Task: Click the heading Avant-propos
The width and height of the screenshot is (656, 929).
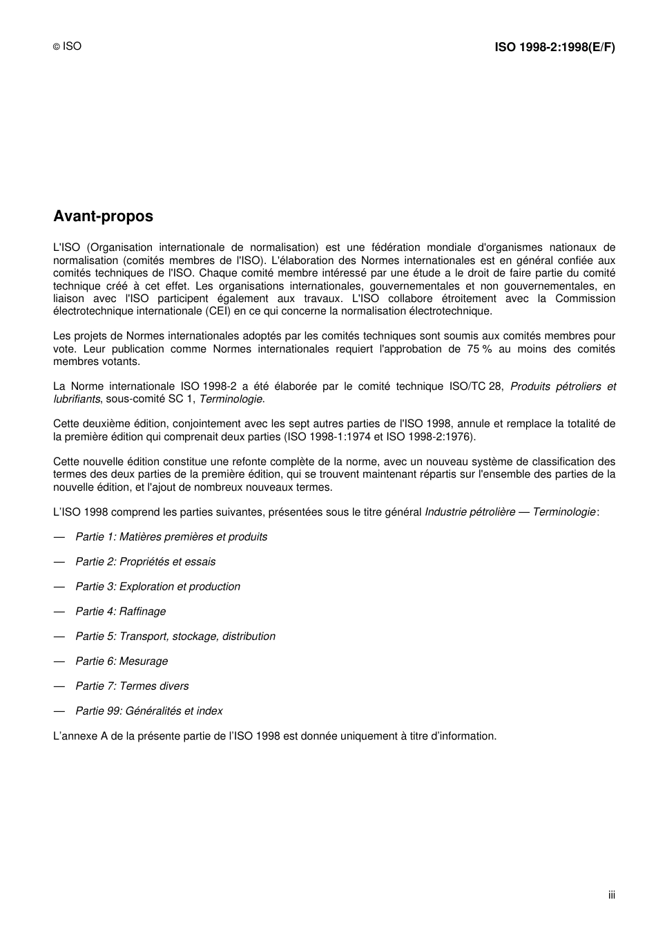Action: pos(103,216)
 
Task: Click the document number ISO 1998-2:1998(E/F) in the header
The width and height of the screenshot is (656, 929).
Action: pos(554,48)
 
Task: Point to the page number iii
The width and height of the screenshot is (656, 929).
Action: pos(611,895)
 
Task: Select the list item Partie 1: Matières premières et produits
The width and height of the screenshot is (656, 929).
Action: pos(171,537)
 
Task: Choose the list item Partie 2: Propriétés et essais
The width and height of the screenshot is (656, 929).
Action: pos(145,562)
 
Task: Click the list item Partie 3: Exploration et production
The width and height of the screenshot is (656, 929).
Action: pos(157,587)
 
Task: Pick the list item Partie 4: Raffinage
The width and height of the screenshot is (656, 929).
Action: pos(120,612)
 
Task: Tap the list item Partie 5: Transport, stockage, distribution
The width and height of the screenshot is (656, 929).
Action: pos(175,637)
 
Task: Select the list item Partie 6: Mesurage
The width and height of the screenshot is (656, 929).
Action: pos(122,661)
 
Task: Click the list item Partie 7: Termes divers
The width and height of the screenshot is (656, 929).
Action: pos(132,686)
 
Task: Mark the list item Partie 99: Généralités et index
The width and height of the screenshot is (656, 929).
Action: pos(148,711)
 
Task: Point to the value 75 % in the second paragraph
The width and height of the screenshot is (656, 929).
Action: pos(479,349)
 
